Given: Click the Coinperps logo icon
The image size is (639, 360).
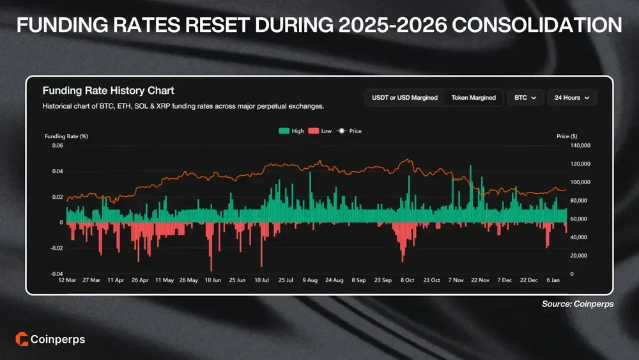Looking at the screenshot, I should point(20,340).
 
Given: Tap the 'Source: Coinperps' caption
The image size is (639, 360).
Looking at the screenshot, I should point(578,304).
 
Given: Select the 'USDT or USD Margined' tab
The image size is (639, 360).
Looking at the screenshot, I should point(404,98).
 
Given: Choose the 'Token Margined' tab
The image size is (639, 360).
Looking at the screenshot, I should point(473,98).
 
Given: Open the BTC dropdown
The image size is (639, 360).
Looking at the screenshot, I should point(525,98).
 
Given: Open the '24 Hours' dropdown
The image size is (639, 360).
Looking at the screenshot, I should point(572,98).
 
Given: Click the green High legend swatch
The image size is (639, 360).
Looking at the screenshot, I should point(284,131).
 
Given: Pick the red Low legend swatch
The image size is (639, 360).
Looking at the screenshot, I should point(314,131).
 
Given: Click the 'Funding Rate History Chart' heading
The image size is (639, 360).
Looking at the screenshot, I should point(108,91).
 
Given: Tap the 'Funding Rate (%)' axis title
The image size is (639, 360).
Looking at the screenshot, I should point(66,136).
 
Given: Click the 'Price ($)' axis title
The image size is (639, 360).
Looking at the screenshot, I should point(567,136).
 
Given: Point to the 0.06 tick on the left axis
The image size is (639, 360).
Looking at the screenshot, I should point(58,146).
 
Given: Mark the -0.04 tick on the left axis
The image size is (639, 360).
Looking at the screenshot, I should point(56,274).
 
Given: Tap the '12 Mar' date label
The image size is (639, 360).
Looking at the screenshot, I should point(67,280).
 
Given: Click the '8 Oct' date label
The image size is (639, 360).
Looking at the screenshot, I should point(407,280).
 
